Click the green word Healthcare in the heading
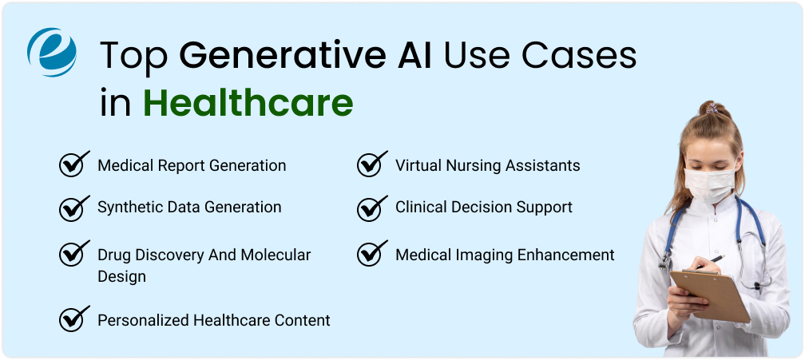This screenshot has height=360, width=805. (248, 103)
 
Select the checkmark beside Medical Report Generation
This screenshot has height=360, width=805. (73, 164)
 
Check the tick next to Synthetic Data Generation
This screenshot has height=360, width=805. (73, 206)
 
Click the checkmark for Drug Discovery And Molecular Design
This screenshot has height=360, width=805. (73, 254)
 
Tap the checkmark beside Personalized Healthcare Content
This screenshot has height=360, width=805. (73, 319)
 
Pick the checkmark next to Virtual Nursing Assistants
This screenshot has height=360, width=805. (371, 164)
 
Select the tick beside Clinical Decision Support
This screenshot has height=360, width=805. (371, 206)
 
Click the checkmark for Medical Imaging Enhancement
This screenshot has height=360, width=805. (371, 254)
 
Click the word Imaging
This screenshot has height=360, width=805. (483, 255)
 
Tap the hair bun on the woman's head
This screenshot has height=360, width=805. (710, 109)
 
